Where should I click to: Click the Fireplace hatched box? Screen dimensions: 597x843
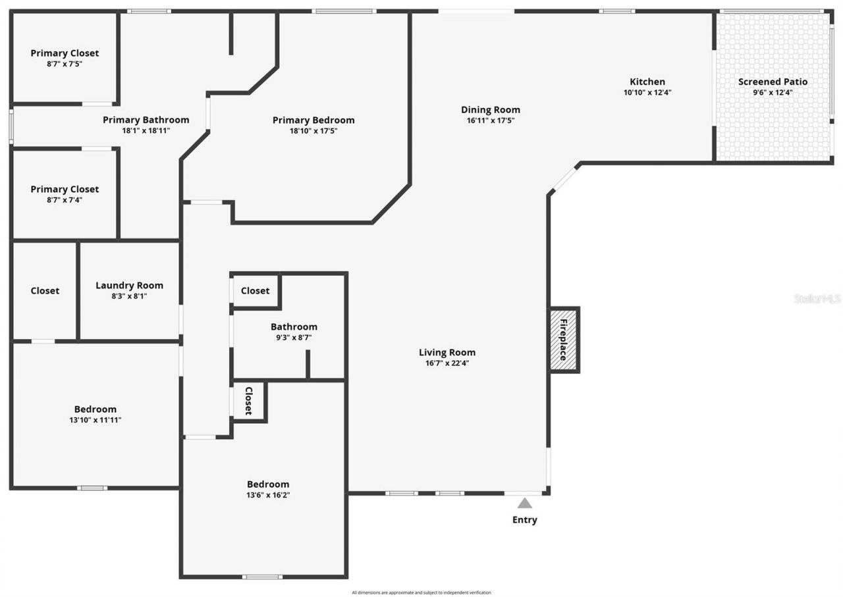pos(564,340)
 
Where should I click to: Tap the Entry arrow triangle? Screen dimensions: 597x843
pos(524,504)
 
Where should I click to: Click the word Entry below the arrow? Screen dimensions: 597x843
pos(524,520)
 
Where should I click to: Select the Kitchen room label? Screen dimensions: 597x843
pos(647,82)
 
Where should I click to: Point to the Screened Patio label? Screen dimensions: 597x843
pos(773,82)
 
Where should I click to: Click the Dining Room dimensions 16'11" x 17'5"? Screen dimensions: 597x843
pos(490,120)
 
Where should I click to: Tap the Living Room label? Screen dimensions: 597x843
pos(447,352)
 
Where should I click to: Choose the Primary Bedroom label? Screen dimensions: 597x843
pos(313,120)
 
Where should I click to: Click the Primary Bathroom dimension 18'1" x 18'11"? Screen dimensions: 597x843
pos(146,130)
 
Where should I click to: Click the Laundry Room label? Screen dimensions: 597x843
pos(129,286)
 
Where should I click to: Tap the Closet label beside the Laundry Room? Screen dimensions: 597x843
pos(45,290)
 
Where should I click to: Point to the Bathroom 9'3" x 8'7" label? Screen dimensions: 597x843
pos(294,326)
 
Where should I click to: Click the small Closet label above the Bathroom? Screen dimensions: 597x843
pos(255,290)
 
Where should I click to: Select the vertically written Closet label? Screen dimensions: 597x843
pos(249,401)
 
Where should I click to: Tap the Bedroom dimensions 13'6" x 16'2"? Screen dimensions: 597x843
pos(268,495)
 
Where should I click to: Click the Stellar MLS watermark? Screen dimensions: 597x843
pos(817,298)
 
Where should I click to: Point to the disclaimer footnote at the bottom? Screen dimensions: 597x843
pos(421,592)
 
